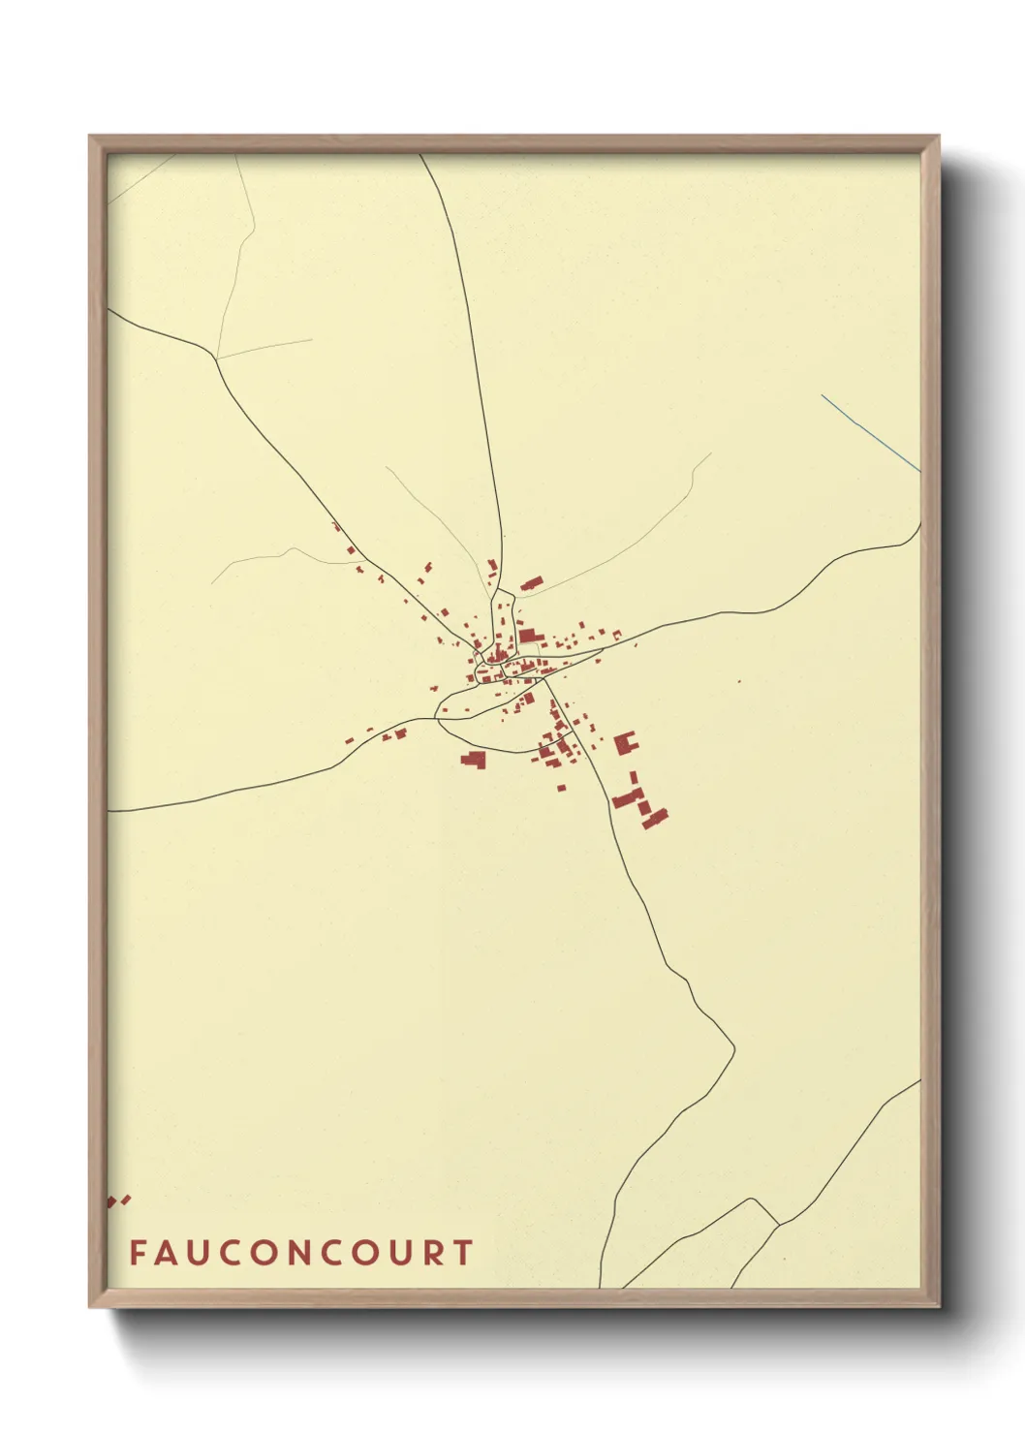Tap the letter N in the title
[296, 1253]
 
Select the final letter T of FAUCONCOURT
[463, 1253]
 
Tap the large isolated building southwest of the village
[473, 759]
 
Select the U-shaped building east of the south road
[625, 744]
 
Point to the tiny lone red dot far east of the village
[739, 681]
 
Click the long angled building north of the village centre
[531, 583]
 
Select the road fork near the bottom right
[778, 1224]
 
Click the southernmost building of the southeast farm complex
[655, 819]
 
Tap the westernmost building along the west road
[351, 742]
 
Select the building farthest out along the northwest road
[336, 526]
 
